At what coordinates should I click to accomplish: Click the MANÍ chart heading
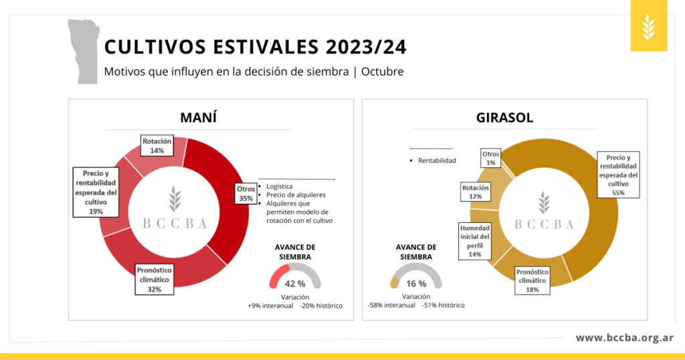[x=198, y=118]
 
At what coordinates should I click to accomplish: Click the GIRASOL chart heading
[x=504, y=118]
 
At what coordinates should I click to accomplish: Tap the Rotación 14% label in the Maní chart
[x=157, y=145]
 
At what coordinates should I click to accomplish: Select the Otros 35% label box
[x=246, y=193]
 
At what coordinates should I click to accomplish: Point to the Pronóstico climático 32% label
[x=155, y=280]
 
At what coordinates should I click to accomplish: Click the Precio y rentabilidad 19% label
[x=96, y=192]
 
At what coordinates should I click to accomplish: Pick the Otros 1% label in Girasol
[x=490, y=158]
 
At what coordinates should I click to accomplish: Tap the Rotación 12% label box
[x=476, y=192]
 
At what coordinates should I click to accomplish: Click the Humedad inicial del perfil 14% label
[x=475, y=241]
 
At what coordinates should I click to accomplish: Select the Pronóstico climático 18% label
[x=532, y=280]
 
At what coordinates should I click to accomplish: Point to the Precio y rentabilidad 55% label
[x=618, y=175]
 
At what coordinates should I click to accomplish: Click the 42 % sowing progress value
[x=295, y=284]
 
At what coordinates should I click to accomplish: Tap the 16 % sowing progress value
[x=416, y=284]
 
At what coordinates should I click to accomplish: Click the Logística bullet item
[x=279, y=186]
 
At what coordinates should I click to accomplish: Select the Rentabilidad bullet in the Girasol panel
[x=437, y=161]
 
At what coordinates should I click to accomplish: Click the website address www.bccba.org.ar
[x=625, y=338]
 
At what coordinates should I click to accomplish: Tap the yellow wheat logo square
[x=649, y=26]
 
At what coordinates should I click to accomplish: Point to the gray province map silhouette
[x=84, y=51]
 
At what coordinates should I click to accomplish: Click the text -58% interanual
[x=391, y=305]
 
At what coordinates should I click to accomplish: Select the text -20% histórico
[x=321, y=306]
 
